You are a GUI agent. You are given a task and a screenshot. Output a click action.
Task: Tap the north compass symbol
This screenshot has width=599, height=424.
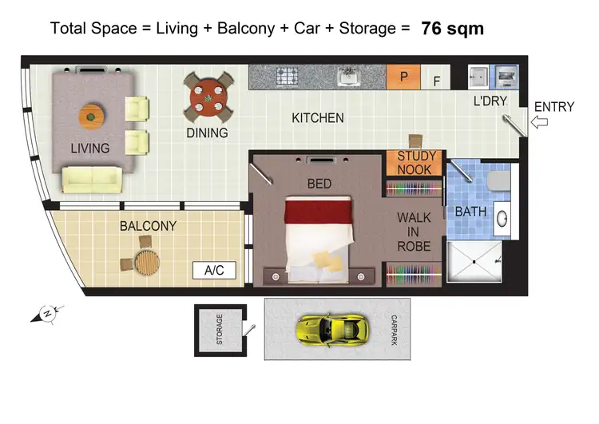pos(46,314)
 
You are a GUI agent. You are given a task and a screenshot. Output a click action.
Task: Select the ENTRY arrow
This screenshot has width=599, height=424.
pos(541,122)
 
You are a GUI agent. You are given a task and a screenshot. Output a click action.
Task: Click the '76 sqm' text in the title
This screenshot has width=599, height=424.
pos(452,29)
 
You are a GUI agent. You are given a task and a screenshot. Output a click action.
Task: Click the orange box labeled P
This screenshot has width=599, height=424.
pos(404,78)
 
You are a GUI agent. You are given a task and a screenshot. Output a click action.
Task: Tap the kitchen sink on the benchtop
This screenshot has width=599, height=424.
pos(348,77)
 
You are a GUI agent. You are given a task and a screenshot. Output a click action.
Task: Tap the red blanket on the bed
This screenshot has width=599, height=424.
pos(319,212)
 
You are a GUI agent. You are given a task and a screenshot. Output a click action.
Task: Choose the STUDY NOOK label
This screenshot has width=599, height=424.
pos(415,164)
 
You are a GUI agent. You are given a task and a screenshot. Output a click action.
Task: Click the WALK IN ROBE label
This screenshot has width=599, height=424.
pos(415,232)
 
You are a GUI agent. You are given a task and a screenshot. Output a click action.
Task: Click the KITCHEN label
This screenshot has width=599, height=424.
pos(318,118)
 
